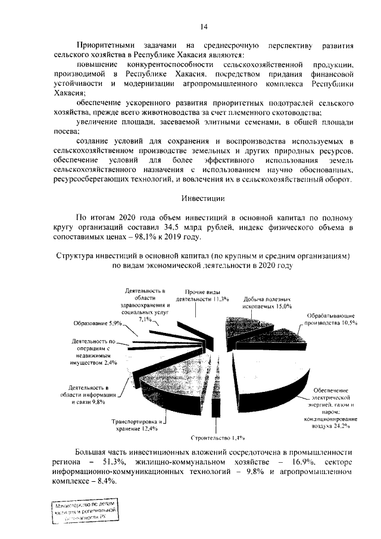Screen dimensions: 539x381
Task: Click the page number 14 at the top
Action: pos(204,27)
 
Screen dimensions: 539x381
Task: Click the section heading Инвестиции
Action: pos(202,197)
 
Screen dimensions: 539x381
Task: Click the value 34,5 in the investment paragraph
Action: pos(206,227)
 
